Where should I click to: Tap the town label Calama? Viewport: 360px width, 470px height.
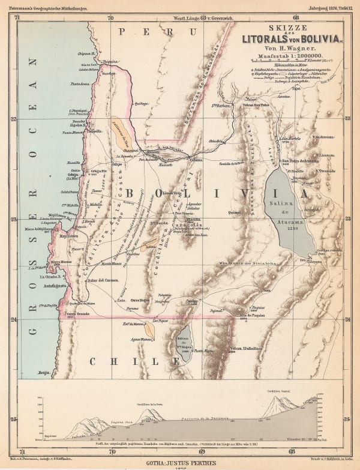coord(196,160)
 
